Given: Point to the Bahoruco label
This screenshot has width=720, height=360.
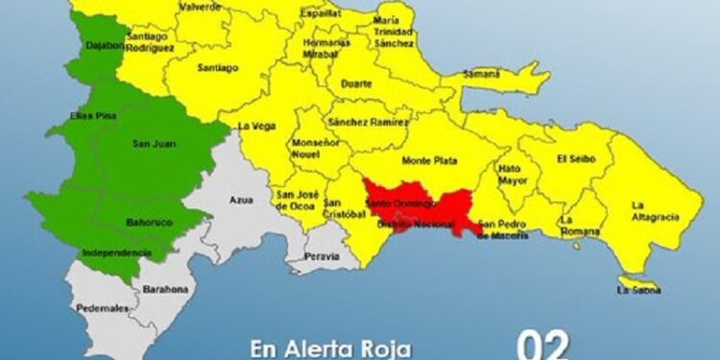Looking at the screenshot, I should pos(150,222).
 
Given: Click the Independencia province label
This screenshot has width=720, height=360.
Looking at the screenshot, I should pos(116,252).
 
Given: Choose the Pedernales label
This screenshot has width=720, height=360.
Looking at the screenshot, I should pos(104,308).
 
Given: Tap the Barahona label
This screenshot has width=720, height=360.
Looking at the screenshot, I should pos(166,288).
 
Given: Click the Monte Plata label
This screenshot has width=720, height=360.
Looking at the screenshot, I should pos(429,160).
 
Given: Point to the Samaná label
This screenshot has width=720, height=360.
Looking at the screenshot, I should pos(481,75).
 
